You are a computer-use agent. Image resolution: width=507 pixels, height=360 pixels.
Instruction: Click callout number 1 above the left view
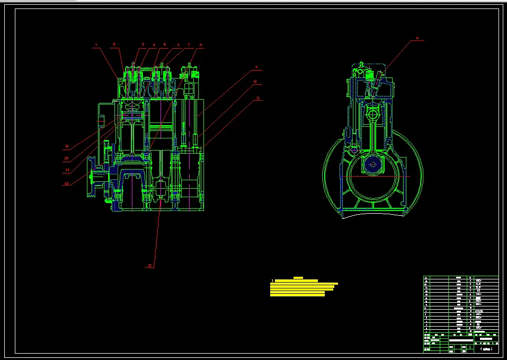pos(96,45)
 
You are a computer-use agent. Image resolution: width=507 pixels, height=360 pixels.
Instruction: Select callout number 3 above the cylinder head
pos(143,45)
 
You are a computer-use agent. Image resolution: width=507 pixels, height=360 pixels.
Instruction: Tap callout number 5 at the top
pos(165,45)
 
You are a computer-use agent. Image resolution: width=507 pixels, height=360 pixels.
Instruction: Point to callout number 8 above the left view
pos(201,45)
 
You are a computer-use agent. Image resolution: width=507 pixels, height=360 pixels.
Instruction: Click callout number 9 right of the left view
pos(256,67)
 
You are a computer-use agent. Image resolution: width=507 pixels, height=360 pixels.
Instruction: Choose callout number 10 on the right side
pos(255,82)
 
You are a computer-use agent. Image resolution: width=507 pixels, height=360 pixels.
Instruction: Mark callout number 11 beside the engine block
pos(257,98)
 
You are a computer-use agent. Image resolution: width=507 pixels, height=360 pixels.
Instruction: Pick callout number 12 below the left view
pos(150,265)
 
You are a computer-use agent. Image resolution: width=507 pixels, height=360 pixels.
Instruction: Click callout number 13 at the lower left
pos(67,183)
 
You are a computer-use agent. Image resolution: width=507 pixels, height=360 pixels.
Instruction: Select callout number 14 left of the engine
pos(67,170)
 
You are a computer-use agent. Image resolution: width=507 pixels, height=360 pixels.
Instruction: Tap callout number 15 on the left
pos(67,158)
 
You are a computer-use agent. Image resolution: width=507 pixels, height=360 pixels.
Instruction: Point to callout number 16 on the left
pos(67,146)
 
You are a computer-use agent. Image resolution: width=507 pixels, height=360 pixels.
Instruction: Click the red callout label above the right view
pos(417,38)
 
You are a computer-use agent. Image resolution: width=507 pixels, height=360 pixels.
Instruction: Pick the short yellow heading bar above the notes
pos(298,277)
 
